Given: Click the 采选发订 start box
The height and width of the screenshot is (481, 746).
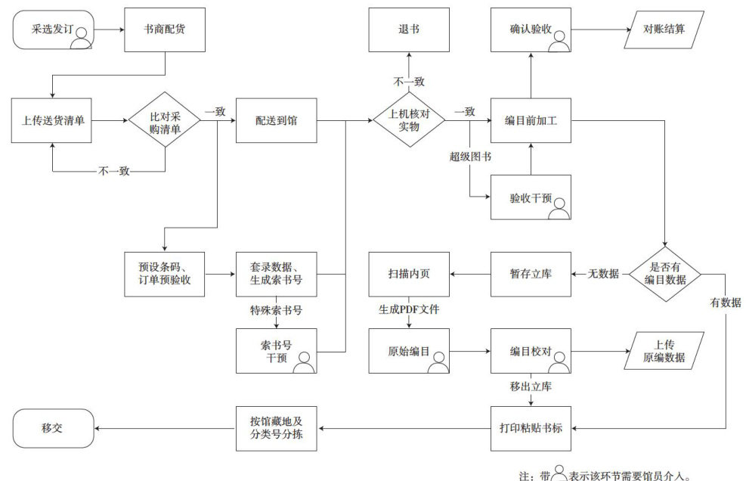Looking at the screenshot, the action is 53,29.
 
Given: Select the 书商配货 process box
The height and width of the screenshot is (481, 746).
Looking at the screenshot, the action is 165,29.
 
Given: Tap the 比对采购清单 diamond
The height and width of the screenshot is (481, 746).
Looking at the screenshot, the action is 165,120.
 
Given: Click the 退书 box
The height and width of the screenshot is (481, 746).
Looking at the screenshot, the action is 409,29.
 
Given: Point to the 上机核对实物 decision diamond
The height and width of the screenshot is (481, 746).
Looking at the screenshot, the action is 409,120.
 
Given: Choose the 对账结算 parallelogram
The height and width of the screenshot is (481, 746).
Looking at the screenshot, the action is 664,29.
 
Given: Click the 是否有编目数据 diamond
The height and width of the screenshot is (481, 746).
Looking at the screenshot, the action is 665,274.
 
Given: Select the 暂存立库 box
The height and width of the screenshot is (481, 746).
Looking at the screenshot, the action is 531,275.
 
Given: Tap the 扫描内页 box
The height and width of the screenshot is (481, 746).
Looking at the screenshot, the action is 409,275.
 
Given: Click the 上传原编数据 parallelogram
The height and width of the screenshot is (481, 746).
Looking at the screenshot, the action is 664,351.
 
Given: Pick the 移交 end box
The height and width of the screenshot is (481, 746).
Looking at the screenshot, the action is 53,428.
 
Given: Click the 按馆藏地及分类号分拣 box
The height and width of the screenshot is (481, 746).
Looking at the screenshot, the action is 277,428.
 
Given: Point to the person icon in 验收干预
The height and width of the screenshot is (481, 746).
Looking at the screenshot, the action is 559,209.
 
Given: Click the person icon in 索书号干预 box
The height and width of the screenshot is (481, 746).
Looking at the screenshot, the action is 304,362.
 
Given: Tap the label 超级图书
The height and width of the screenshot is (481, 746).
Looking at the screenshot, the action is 470,157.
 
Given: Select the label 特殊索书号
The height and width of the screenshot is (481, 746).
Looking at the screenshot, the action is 277,311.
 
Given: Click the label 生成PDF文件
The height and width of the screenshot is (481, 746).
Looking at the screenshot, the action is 409,309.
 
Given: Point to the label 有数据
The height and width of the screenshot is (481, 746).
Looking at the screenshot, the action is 726,303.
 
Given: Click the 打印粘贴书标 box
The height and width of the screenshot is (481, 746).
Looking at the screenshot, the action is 531,428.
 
